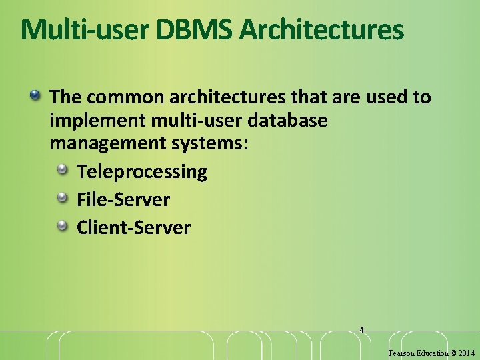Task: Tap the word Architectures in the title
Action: (x=321, y=30)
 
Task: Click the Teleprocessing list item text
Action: (x=142, y=172)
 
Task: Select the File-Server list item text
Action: (x=123, y=199)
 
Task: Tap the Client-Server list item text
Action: (x=133, y=228)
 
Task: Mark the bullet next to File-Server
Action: (x=63, y=199)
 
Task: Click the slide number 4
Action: (x=361, y=329)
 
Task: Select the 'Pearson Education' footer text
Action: (x=418, y=353)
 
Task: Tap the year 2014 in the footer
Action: (x=467, y=353)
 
